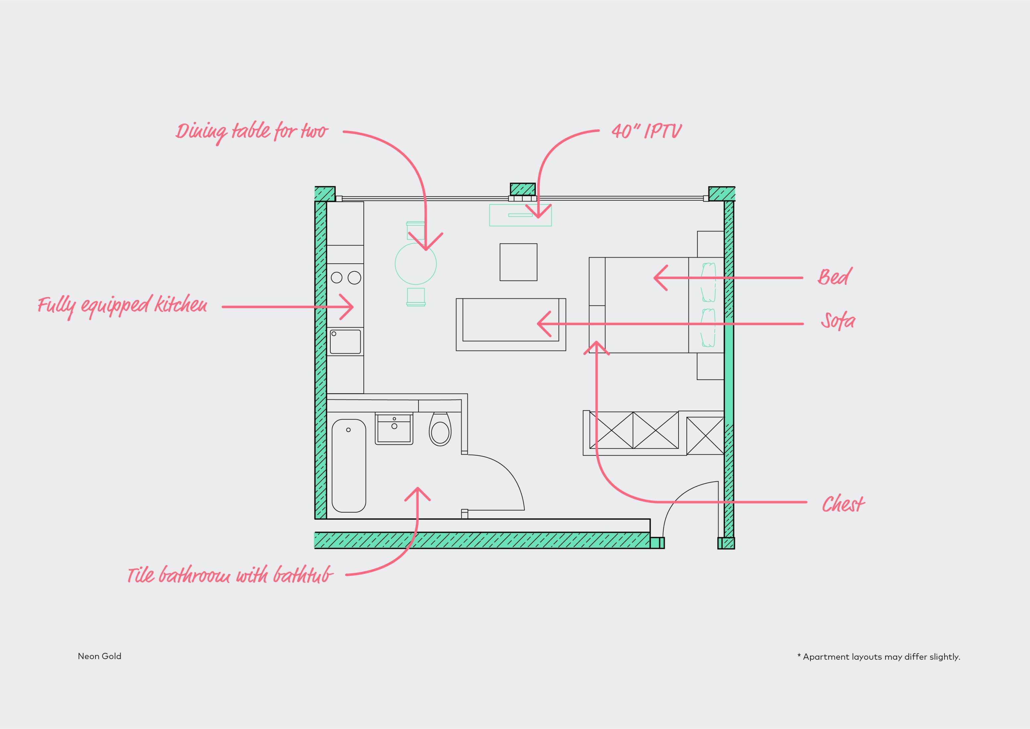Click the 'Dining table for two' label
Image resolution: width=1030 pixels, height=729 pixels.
tap(252, 132)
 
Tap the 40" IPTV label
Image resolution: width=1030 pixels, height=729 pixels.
tap(646, 131)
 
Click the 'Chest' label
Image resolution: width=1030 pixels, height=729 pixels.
tap(843, 504)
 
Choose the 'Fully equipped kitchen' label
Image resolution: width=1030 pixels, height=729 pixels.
tap(123, 306)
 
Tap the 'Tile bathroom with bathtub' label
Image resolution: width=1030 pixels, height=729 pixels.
tap(230, 575)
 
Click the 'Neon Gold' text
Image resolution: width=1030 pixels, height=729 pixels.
tap(100, 656)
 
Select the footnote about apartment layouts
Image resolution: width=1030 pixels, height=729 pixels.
tap(879, 657)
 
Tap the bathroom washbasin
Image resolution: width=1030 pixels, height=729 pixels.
tap(394, 429)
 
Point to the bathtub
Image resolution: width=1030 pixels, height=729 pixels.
tap(349, 466)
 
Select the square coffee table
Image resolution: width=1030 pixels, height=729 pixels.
tap(518, 262)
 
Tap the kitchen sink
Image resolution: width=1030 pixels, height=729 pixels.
tap(345, 342)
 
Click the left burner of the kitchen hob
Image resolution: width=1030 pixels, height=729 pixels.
tap(337, 277)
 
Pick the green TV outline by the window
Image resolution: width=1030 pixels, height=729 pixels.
tap(520, 215)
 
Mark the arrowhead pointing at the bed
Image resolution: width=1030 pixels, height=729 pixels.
tap(661, 278)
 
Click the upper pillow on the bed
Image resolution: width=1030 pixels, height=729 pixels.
tap(708, 282)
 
